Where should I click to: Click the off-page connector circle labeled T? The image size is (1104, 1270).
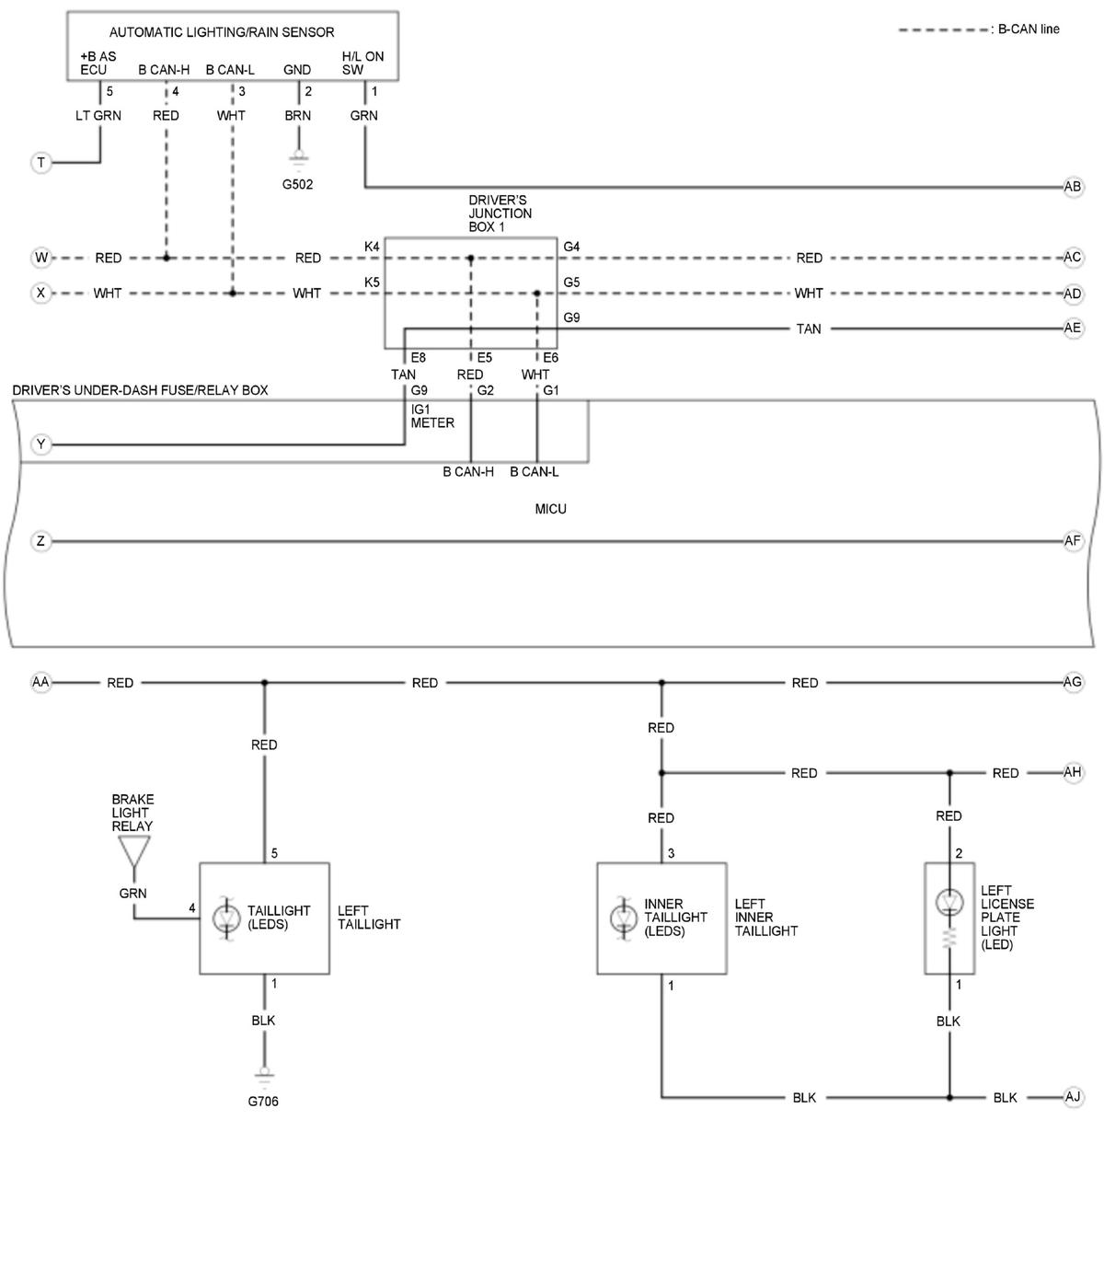tap(41, 163)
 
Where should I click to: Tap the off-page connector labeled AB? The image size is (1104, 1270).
tap(1072, 186)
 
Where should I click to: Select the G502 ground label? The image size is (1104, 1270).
tap(297, 184)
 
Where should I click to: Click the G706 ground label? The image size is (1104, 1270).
tap(263, 1102)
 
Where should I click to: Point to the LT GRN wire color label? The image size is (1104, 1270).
tap(98, 115)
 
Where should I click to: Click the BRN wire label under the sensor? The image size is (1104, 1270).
tap(298, 115)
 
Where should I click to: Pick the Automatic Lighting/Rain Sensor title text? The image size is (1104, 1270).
tap(222, 32)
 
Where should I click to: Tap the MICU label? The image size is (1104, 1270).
tap(550, 509)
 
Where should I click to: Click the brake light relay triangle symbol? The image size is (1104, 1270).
tap(134, 851)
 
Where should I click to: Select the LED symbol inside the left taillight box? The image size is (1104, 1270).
tap(226, 918)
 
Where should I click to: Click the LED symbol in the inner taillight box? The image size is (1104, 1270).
tap(623, 918)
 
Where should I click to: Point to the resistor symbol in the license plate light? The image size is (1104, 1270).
tap(949, 938)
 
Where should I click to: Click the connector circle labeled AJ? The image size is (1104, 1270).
tap(1072, 1097)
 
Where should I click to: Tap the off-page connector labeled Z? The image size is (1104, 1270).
tap(41, 541)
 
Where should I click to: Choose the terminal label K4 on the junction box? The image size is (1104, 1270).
tap(371, 247)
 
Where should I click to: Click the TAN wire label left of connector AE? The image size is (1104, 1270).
tap(808, 329)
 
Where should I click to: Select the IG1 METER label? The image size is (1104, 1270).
tap(432, 416)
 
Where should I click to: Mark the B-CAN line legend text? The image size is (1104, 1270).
tap(1029, 29)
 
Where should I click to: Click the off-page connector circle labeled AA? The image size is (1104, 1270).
tap(41, 682)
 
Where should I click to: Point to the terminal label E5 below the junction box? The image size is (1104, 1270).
tap(484, 358)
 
